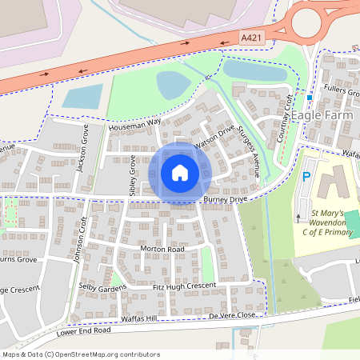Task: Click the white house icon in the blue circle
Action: point(180,172)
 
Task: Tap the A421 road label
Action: point(252,38)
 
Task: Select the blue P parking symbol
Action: point(306,177)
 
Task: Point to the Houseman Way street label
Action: point(136,124)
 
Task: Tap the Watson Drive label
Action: point(214,136)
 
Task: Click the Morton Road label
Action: point(162,250)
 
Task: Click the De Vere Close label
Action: point(232,316)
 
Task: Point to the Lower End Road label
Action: point(83,330)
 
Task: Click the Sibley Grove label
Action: point(133,176)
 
